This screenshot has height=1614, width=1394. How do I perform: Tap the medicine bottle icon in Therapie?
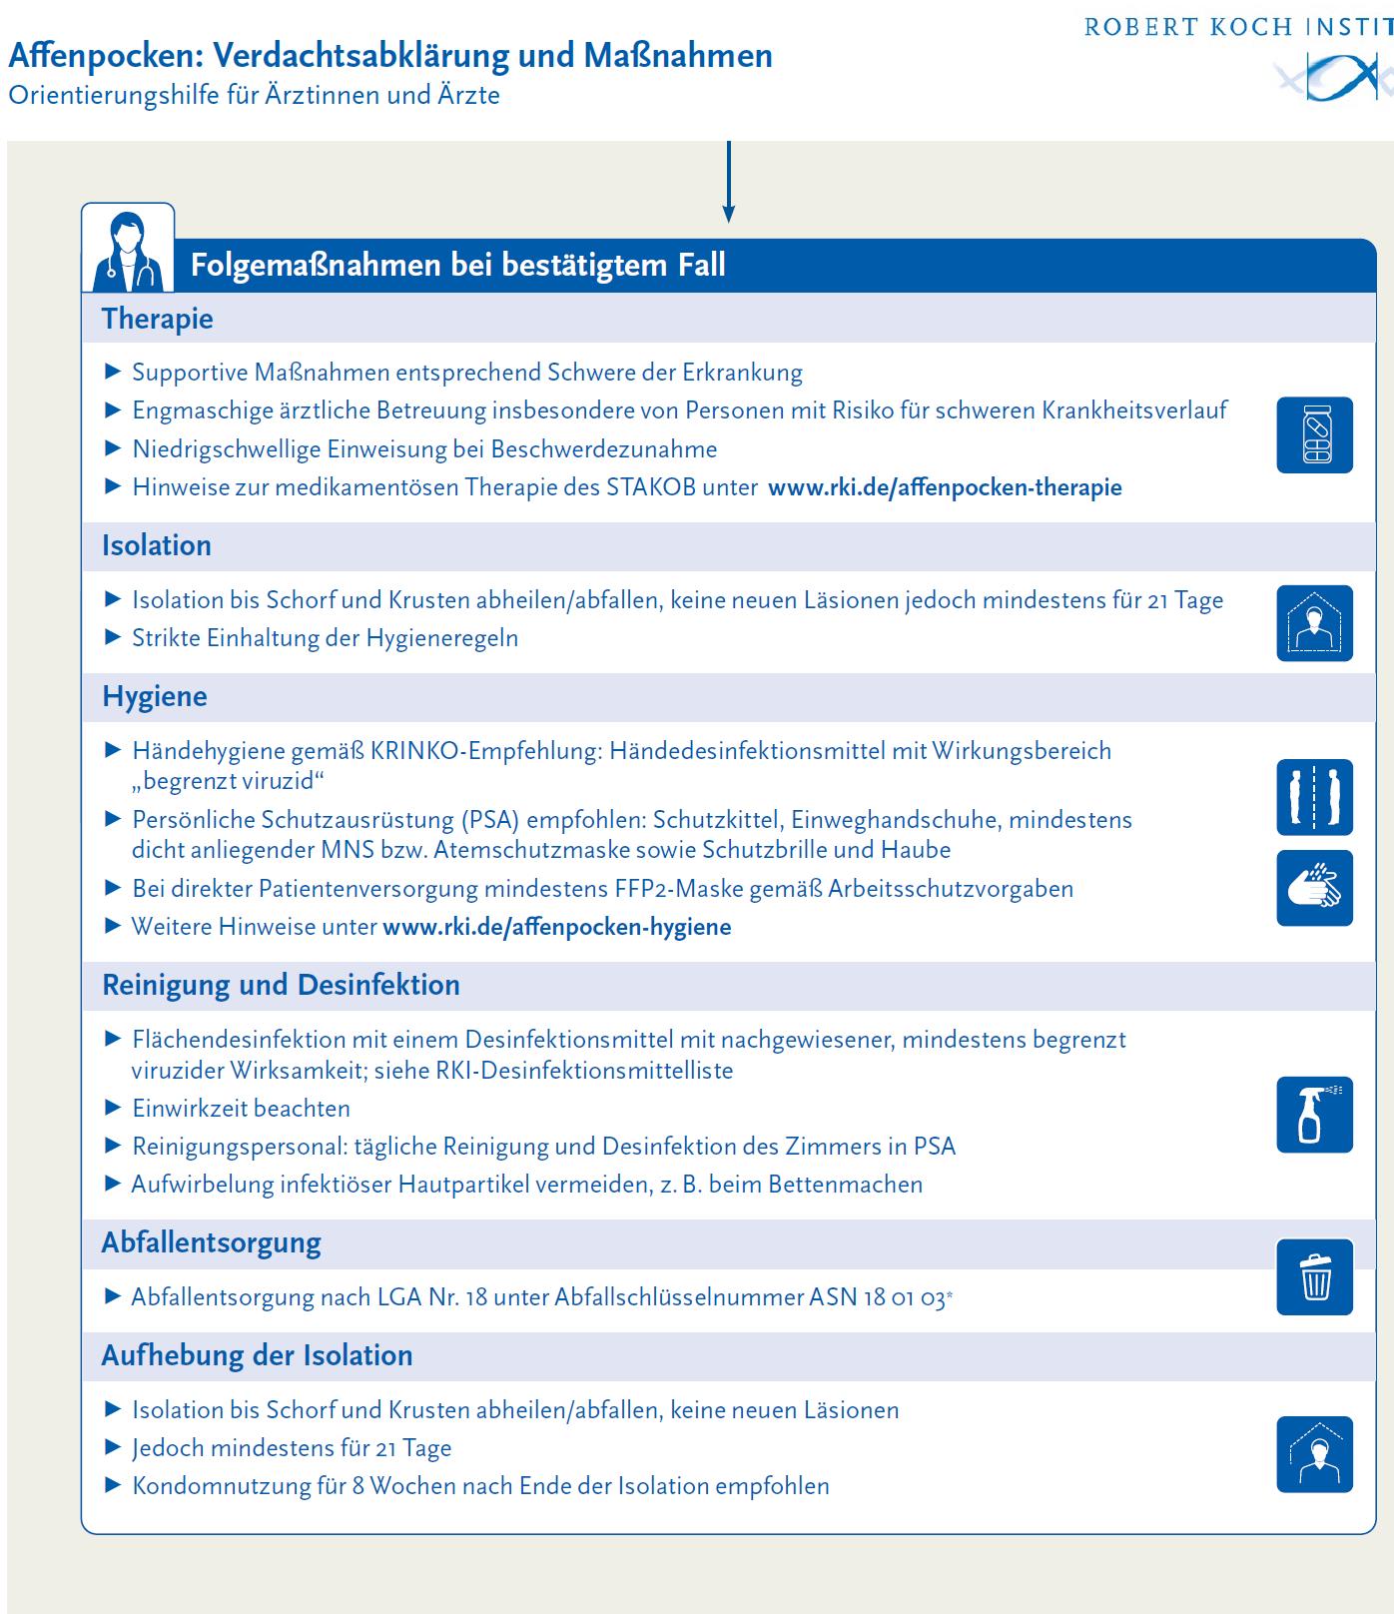pos(1314,434)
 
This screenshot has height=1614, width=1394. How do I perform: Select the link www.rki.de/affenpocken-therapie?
pos(945,487)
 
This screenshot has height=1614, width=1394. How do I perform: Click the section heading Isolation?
pos(157,545)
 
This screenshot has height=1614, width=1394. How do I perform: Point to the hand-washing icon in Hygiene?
pos(1314,888)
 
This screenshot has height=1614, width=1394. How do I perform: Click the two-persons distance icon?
pos(1314,797)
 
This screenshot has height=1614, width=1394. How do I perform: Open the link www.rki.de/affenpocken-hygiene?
pos(557,927)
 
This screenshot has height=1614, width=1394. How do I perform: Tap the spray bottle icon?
pos(1314,1115)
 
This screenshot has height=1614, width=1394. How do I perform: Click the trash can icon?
pos(1314,1276)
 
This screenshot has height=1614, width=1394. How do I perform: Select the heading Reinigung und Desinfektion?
pos(281,985)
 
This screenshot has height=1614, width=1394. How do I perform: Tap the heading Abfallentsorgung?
pos(212,1243)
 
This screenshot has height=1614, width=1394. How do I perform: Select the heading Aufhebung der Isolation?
pos(257,1355)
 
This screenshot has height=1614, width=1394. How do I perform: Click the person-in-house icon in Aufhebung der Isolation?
pos(1314,1454)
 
